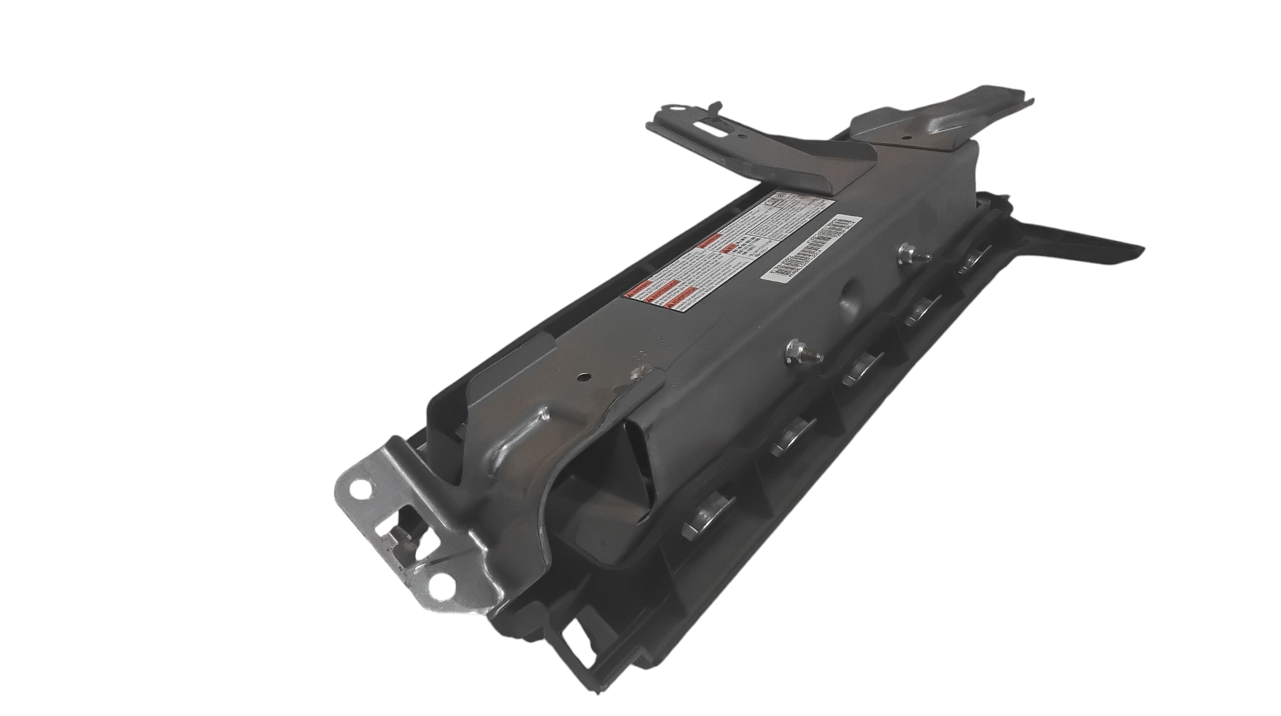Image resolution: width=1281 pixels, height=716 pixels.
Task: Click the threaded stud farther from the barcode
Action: pos(798,352)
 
